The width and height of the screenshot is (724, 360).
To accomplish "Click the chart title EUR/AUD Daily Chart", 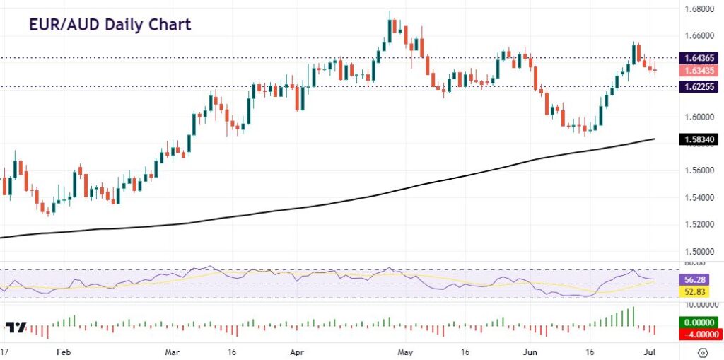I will coord(110,25).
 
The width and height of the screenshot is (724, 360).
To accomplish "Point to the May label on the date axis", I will coord(405,351).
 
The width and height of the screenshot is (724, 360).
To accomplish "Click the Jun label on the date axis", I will coord(530,351).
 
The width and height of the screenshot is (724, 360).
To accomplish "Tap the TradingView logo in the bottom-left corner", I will coord(16,327).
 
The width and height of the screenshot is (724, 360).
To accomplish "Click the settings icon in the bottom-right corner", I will coord(703,352).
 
